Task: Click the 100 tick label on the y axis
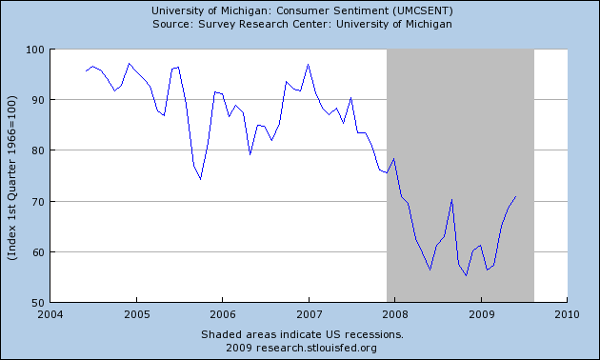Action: (35, 49)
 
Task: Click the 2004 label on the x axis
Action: (50, 313)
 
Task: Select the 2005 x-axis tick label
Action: (136, 313)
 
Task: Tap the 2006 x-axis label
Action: (222, 313)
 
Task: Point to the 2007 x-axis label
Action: (309, 313)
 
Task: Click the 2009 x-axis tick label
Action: (481, 313)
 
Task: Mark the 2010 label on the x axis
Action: (567, 313)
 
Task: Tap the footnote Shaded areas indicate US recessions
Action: (302, 334)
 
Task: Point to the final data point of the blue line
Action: (515, 197)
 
